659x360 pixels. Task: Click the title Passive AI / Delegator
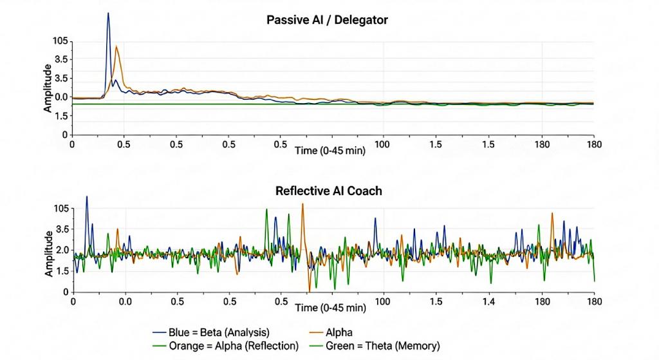click(327, 20)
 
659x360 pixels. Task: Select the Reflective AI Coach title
click(328, 191)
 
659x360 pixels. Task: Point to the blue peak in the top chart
click(108, 14)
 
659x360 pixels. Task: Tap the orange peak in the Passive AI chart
click(116, 47)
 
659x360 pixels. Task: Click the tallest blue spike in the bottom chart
click(87, 197)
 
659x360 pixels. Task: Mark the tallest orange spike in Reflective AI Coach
click(302, 204)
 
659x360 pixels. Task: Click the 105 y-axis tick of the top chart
click(60, 41)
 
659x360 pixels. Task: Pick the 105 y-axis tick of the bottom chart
click(60, 209)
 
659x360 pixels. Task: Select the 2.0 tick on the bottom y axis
click(60, 250)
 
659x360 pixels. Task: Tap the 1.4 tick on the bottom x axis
click(489, 301)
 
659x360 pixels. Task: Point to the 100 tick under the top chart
click(384, 144)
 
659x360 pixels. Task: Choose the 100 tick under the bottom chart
click(384, 301)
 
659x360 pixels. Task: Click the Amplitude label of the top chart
click(48, 89)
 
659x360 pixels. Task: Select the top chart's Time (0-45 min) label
click(331, 150)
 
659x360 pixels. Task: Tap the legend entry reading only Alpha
click(339, 332)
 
